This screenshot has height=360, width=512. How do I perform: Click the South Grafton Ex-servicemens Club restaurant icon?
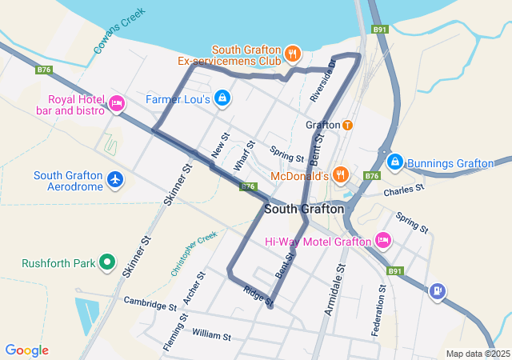pyautogui.click(x=293, y=53)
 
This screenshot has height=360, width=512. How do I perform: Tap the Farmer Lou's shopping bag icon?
pyautogui.click(x=222, y=99)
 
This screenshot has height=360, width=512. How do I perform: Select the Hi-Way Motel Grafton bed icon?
pyautogui.click(x=383, y=240)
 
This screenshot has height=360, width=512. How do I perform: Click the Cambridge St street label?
pyautogui.click(x=150, y=303)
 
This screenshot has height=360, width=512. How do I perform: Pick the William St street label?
pyautogui.click(x=211, y=334)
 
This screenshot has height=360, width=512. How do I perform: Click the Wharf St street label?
pyautogui.click(x=244, y=156)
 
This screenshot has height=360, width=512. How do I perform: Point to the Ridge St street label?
pyautogui.click(x=259, y=297)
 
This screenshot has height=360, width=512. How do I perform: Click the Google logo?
pyautogui.click(x=26, y=350)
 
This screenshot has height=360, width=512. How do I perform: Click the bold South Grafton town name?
pyautogui.click(x=304, y=209)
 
